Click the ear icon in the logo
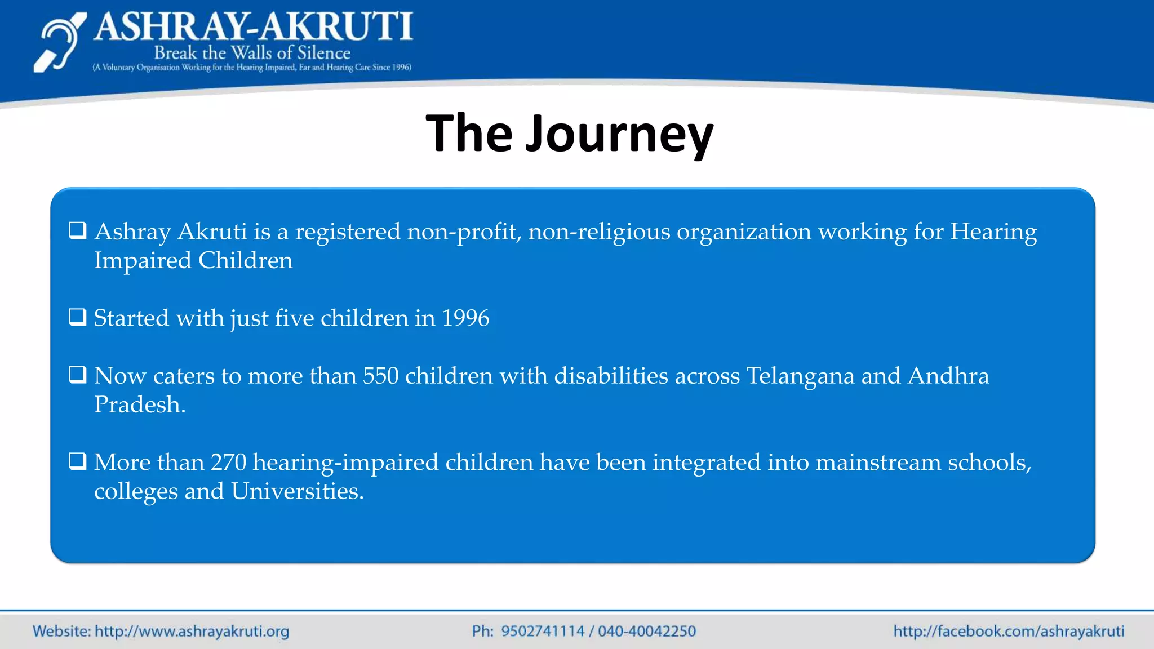coord(59,43)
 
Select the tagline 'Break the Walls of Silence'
coord(252,53)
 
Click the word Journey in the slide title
coord(619,134)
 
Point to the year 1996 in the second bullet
coord(465,318)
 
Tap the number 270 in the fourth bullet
coord(228,463)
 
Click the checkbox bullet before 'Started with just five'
coord(78,317)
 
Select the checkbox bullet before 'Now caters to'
coord(78,375)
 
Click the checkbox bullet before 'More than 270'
coord(78,461)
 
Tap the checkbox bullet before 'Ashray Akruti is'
coord(78,230)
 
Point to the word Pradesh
coord(139,405)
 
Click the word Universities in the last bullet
coord(297,491)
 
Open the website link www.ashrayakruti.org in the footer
coord(192,631)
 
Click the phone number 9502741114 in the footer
coord(543,631)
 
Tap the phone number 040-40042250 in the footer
coord(647,631)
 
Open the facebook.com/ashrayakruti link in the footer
coord(1009,631)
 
